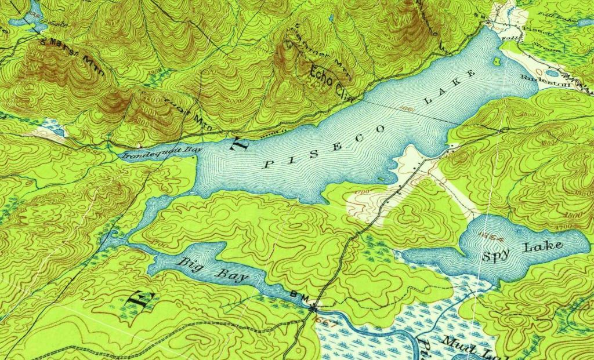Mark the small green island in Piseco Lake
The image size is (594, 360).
[496, 60]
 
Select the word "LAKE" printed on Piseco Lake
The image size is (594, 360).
[450, 88]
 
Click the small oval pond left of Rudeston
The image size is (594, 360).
[552, 73]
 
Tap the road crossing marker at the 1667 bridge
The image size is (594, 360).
[314, 306]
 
